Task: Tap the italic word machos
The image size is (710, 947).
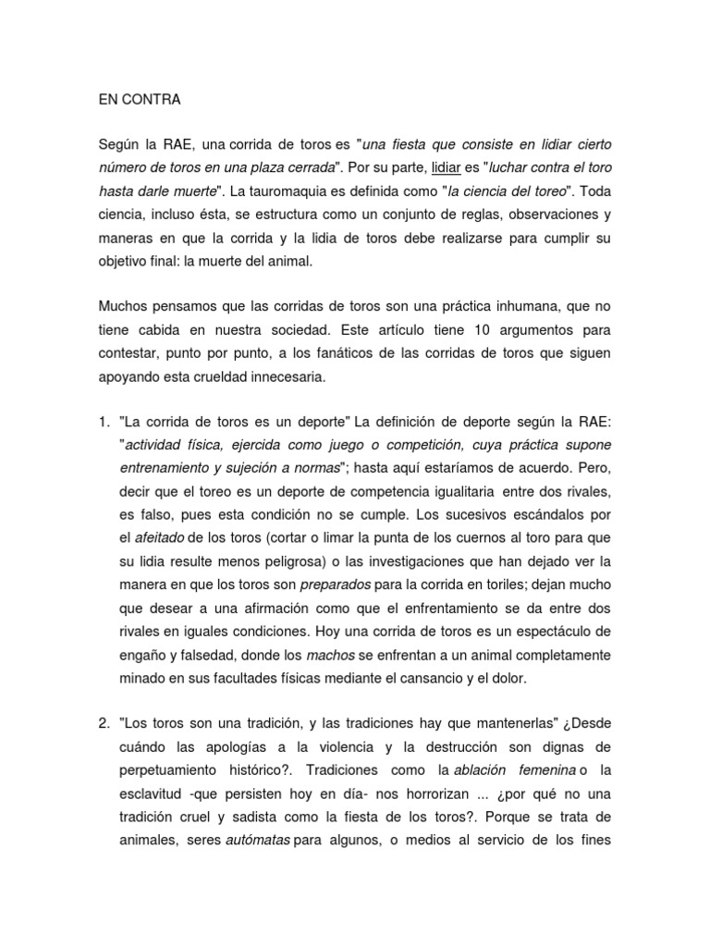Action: pyautogui.click(x=330, y=655)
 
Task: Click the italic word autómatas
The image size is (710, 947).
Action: pyautogui.click(x=258, y=841)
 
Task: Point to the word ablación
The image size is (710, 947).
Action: pyautogui.click(x=487, y=770)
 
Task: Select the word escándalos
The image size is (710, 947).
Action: pyautogui.click(x=558, y=513)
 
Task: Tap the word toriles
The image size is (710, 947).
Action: pyautogui.click(x=456, y=584)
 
